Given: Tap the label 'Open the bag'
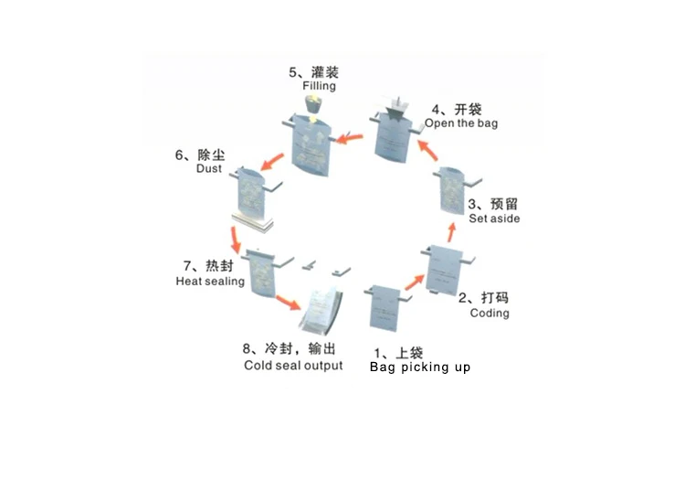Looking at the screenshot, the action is click(x=461, y=122).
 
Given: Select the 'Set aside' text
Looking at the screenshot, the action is click(x=494, y=218).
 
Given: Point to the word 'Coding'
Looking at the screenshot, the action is click(x=490, y=313).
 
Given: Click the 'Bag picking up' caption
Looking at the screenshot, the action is click(x=420, y=367).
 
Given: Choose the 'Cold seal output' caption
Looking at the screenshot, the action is click(x=293, y=366).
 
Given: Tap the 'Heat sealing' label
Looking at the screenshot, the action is click(x=210, y=282).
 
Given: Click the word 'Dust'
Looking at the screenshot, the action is click(x=209, y=169).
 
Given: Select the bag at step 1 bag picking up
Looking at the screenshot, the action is click(x=385, y=307).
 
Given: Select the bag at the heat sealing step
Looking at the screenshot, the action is click(x=265, y=272).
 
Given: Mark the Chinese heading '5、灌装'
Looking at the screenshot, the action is click(x=313, y=70).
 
